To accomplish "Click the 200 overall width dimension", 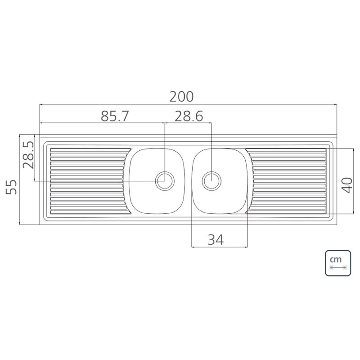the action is pos(181,97).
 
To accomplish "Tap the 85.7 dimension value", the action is pos(115,116).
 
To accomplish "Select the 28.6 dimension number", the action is pos(189,116).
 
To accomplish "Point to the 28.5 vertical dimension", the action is pos(28,154).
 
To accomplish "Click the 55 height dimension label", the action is pos(11,187).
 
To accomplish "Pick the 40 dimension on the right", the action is pos(346,185).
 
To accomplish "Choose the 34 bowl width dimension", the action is pos(216,240).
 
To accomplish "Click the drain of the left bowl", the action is pos(165,181).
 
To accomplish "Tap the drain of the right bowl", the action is pos(211,181).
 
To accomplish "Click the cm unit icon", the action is pos(338,263).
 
